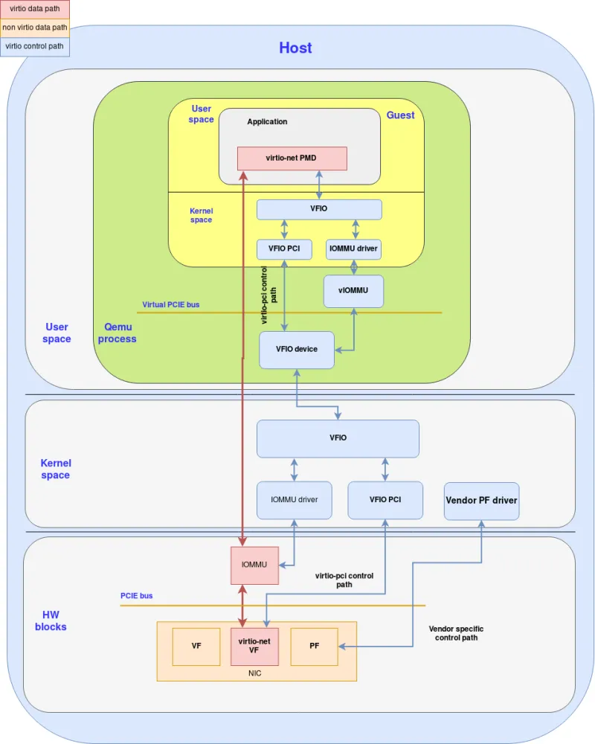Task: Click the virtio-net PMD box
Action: pyautogui.click(x=292, y=158)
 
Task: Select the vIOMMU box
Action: pyautogui.click(x=353, y=291)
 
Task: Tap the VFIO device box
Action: pyautogui.click(x=296, y=349)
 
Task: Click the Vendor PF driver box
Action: pyautogui.click(x=481, y=500)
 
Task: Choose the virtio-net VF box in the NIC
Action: pyautogui.click(x=254, y=645)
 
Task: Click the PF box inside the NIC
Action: pyautogui.click(x=314, y=646)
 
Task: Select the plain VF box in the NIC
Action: pyautogui.click(x=196, y=646)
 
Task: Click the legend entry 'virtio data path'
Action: pyautogui.click(x=34, y=10)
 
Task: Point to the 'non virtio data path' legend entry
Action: pyautogui.click(x=34, y=28)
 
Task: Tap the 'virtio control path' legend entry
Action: pyautogui.click(x=34, y=46)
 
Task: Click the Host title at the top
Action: pyautogui.click(x=295, y=48)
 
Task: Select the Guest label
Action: pyautogui.click(x=400, y=115)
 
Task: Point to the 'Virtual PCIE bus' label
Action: pyautogui.click(x=171, y=304)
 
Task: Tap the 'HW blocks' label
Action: pyautogui.click(x=51, y=620)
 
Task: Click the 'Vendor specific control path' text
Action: pyautogui.click(x=456, y=633)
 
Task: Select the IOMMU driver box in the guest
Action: pyautogui.click(x=353, y=248)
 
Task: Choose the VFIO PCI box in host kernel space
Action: pyautogui.click(x=385, y=499)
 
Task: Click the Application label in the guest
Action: pyautogui.click(x=267, y=121)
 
